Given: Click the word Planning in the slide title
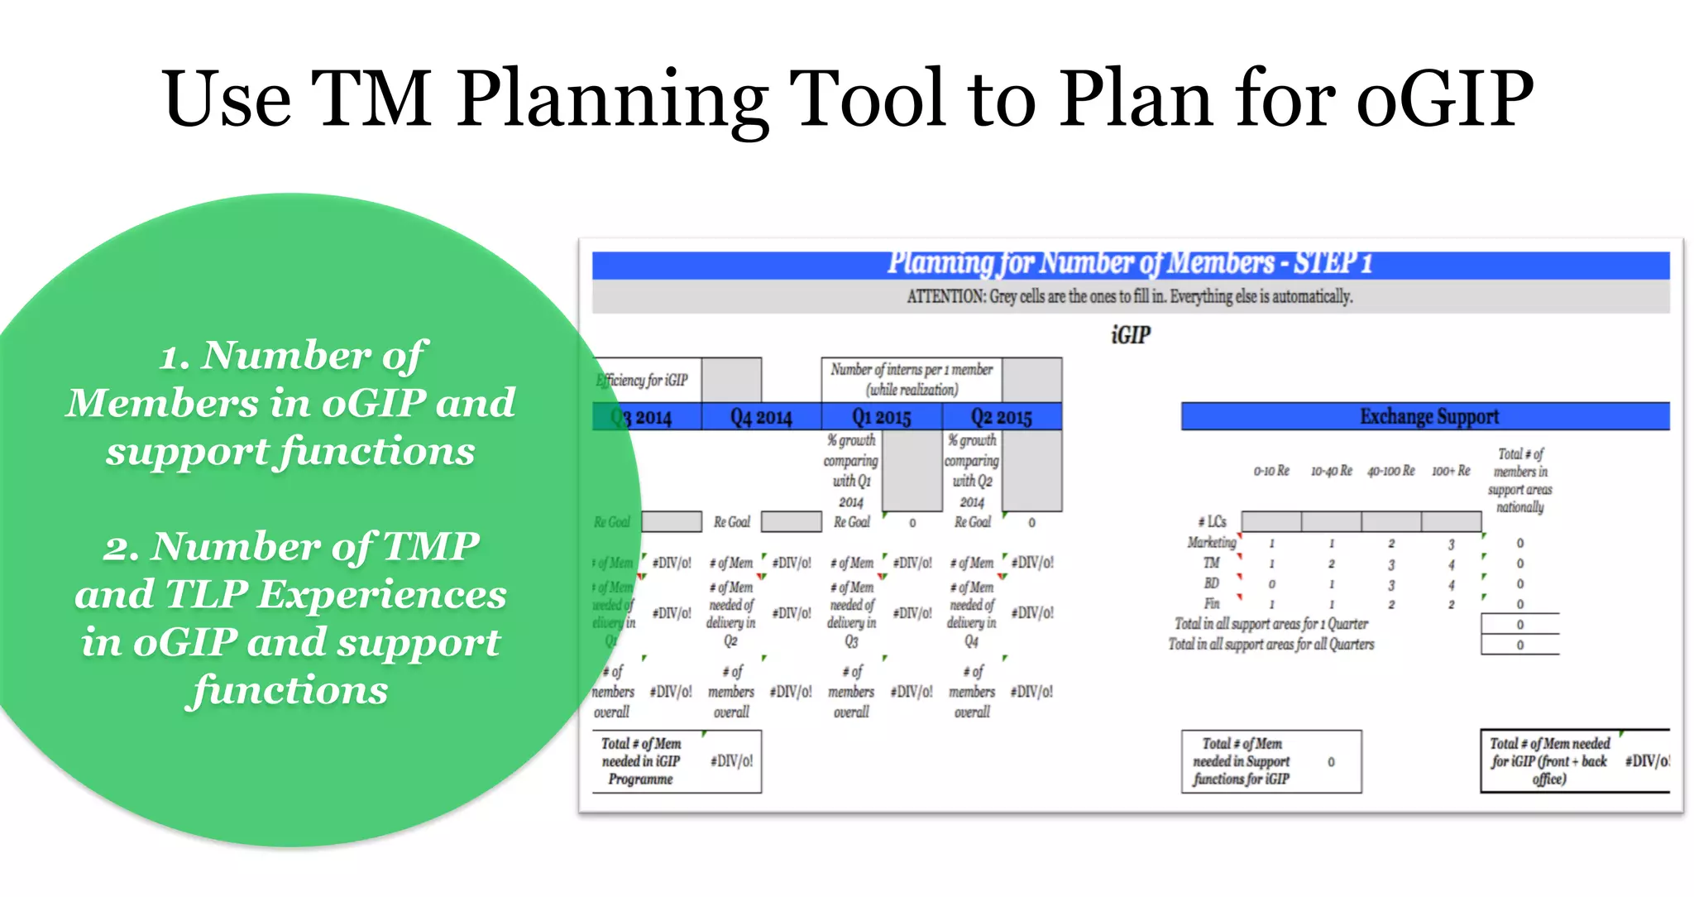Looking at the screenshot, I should pyautogui.click(x=612, y=99).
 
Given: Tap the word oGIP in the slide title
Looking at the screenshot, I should pyautogui.click(x=1445, y=99).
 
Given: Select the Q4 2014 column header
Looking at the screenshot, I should pyautogui.click(x=761, y=417).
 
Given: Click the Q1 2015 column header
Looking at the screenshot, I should pyautogui.click(x=881, y=417).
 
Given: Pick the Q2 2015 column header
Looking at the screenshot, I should pyautogui.click(x=1001, y=417).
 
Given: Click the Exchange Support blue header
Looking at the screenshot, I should pyautogui.click(x=1428, y=416).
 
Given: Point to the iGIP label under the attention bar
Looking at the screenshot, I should pyautogui.click(x=1130, y=335).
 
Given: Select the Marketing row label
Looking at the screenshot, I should pyautogui.click(x=1211, y=542).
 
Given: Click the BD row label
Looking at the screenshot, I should pyautogui.click(x=1211, y=583).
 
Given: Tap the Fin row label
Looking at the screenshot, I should pyautogui.click(x=1211, y=603).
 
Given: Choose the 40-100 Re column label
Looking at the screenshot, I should pyautogui.click(x=1390, y=471).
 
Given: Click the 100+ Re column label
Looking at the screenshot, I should pyautogui.click(x=1451, y=471).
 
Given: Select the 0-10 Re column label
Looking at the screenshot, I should pyautogui.click(x=1271, y=471).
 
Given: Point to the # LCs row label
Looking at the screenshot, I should pyautogui.click(x=1212, y=521).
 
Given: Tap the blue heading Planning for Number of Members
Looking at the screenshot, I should pyautogui.click(x=1130, y=263).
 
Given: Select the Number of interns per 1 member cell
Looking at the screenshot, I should pyautogui.click(x=912, y=379).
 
